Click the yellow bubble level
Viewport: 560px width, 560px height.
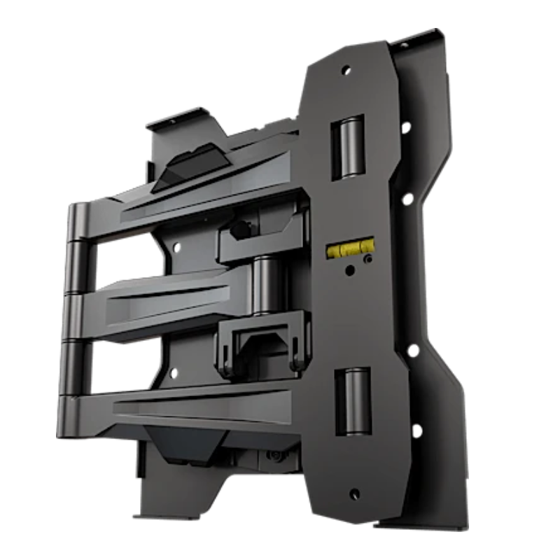[349, 248]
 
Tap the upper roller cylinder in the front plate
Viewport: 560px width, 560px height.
[348, 147]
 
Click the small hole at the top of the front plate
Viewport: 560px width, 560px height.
[344, 70]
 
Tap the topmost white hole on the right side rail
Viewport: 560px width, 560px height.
[405, 127]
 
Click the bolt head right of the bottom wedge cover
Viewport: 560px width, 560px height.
[276, 456]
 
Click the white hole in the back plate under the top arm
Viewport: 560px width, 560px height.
[176, 247]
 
